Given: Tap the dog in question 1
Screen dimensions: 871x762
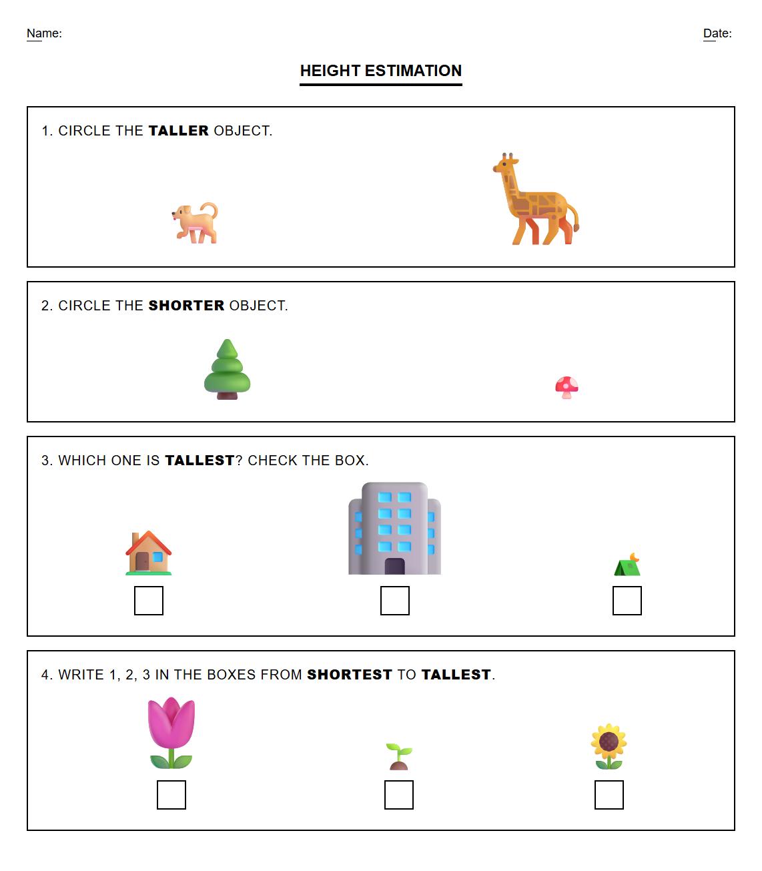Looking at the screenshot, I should (x=196, y=223).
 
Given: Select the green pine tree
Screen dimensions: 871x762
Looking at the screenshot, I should (x=228, y=370).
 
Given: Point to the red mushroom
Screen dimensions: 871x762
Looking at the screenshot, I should (x=566, y=387).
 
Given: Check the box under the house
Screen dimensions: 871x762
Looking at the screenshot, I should (x=149, y=601).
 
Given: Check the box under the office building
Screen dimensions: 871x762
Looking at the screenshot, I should (x=395, y=601).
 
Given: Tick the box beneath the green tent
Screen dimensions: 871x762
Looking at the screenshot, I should (x=627, y=601).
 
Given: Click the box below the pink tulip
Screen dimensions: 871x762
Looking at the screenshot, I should (x=171, y=795).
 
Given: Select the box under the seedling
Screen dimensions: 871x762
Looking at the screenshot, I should (x=399, y=795).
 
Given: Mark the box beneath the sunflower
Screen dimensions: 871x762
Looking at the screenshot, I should (x=609, y=795).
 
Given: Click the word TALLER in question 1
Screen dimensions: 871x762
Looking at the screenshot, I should (x=178, y=131).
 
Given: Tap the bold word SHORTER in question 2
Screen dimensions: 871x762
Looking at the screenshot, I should (x=186, y=306).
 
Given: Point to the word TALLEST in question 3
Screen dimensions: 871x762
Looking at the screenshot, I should (x=200, y=461).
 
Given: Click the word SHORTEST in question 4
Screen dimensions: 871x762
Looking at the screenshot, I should (x=349, y=675).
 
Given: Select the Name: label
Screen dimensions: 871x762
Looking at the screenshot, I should (x=44, y=33).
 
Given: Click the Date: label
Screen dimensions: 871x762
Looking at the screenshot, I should (x=717, y=33).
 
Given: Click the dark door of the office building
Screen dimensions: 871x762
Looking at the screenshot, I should (x=395, y=566).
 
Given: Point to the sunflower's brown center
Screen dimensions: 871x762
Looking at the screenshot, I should (x=609, y=742).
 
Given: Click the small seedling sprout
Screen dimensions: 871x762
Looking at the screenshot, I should (x=399, y=756).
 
